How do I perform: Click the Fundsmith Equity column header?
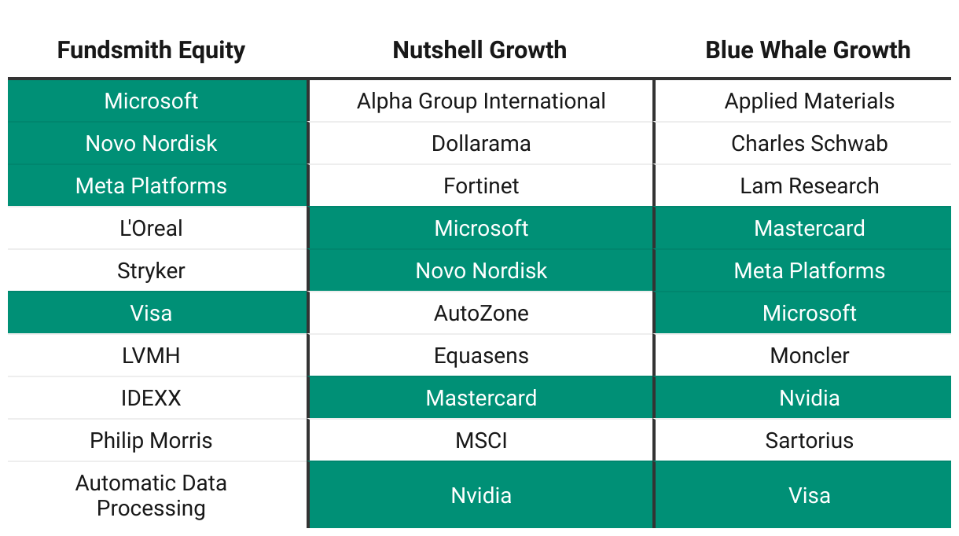tap(151, 50)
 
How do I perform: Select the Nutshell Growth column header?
tap(479, 50)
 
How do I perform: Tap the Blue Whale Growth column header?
tap(808, 50)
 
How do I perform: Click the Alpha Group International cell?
tap(481, 101)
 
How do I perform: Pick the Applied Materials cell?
tap(809, 101)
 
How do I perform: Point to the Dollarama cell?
tap(481, 143)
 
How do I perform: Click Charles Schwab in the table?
tap(809, 143)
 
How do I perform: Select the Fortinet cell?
tap(481, 185)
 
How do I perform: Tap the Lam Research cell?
tap(809, 185)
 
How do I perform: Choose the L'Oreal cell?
tap(151, 228)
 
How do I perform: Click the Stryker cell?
tap(151, 271)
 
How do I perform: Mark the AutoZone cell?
tap(481, 314)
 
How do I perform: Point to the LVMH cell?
tap(151, 356)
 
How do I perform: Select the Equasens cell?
tap(481, 356)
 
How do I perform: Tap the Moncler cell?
tap(809, 356)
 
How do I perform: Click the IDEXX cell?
tap(151, 398)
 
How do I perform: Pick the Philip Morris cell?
tap(151, 441)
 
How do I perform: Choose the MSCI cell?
tap(481, 441)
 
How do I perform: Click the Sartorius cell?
tap(809, 441)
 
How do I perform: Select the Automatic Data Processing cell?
tap(151, 495)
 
